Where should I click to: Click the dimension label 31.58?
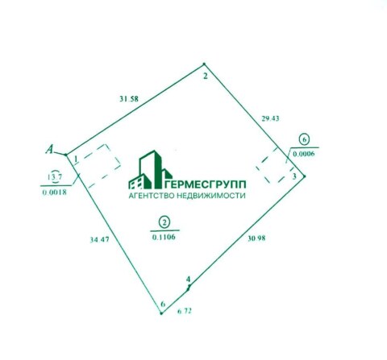coord(129,99)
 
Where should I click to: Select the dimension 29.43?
coord(270,118)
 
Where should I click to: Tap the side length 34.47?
coord(100,239)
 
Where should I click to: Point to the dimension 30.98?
coord(256,238)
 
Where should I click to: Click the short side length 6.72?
coord(185,311)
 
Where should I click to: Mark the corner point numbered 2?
coord(204,64)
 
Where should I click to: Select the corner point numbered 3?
coord(305,176)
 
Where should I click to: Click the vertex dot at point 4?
coord(189,288)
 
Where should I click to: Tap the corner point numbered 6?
coord(161,313)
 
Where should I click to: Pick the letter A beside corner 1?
coord(49,149)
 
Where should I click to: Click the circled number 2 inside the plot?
coord(164,222)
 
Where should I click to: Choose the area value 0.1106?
coord(164,237)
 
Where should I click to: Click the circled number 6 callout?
coord(304,139)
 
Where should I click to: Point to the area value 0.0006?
coord(304,154)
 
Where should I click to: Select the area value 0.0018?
coord(55,192)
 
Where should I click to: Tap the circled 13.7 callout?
coord(55,177)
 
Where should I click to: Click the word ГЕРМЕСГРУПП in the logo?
coord(205,184)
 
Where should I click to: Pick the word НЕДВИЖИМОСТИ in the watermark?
coord(211,196)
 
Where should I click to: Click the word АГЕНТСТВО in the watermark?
coord(152,196)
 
